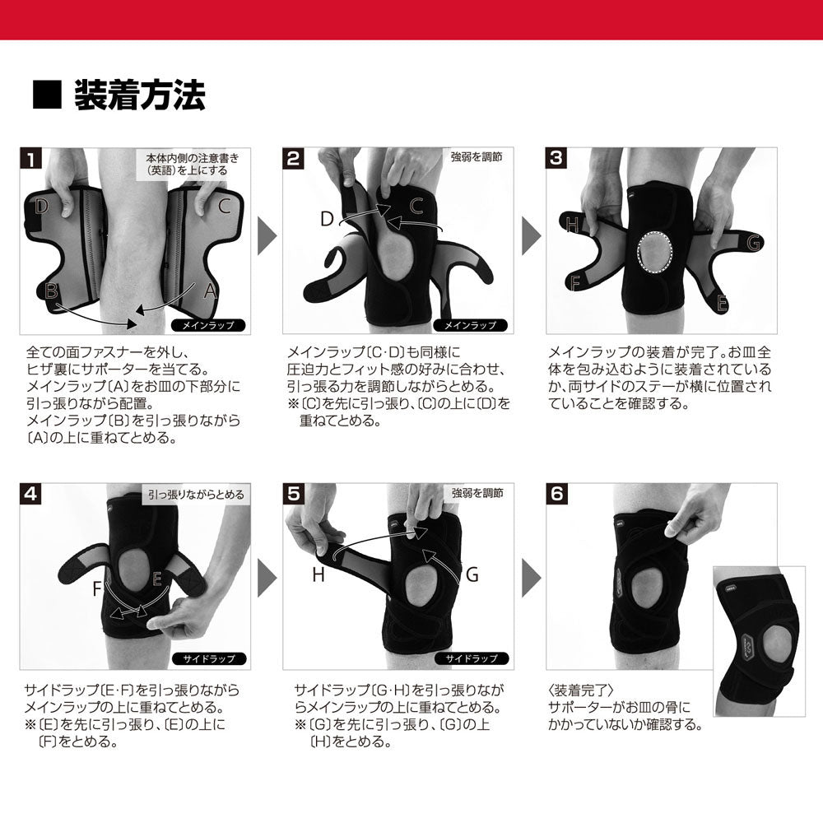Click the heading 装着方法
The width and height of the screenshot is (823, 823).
(139, 96)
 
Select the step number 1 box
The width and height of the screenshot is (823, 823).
(30, 159)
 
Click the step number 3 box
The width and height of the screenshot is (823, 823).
(558, 159)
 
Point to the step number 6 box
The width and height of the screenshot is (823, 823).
(558, 495)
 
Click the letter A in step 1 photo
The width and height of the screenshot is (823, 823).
(208, 290)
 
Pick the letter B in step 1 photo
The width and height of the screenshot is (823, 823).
(51, 290)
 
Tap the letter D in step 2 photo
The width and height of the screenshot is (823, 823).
(327, 218)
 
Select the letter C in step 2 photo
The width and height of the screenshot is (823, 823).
(416, 204)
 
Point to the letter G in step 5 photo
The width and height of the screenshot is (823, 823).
(472, 574)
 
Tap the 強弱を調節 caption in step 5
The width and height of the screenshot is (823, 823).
(477, 494)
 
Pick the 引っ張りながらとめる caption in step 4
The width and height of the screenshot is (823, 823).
(195, 495)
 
